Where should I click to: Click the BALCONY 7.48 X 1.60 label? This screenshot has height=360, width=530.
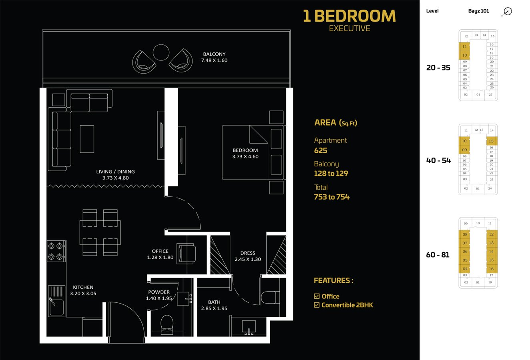click(214, 57)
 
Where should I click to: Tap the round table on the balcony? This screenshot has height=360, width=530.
click(161, 52)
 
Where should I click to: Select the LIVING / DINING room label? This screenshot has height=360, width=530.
click(115, 175)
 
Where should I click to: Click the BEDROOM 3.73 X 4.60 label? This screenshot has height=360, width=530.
click(245, 154)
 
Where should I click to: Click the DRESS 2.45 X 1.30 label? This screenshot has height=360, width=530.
click(248, 256)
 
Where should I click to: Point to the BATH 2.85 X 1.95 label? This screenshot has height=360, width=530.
click(214, 305)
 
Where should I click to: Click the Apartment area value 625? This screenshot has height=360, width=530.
click(321, 150)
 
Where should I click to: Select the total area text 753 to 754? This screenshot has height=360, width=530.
click(331, 197)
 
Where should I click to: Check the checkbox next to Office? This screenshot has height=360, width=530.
click(317, 296)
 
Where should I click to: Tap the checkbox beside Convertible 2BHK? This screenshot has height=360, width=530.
click(317, 305)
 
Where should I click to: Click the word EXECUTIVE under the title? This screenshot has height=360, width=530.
click(349, 28)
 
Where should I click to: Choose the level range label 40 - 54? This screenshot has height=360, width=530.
click(438, 160)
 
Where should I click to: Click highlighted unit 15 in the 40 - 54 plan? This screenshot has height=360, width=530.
click(491, 141)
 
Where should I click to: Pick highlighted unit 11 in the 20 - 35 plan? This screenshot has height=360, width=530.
click(464, 46)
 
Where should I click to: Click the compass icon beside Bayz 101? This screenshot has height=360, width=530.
click(508, 12)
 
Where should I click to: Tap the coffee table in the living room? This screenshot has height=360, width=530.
click(87, 139)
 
